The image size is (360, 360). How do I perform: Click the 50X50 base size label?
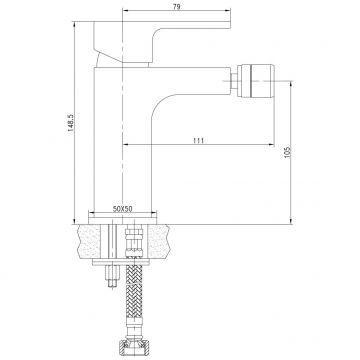tap(123, 207)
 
